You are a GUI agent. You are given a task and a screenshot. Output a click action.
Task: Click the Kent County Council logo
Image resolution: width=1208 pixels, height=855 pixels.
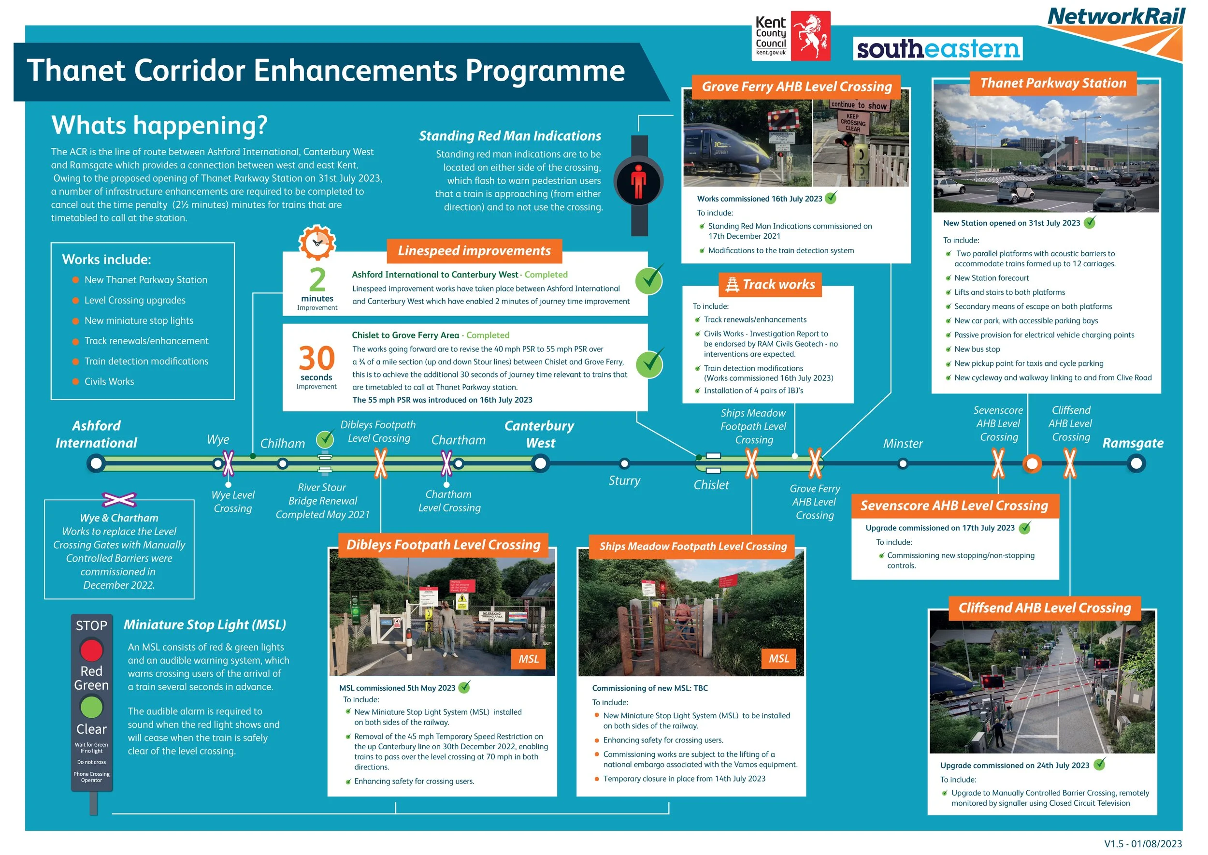(x=791, y=36)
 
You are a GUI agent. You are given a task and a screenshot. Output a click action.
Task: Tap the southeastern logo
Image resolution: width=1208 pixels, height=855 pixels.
(x=937, y=49)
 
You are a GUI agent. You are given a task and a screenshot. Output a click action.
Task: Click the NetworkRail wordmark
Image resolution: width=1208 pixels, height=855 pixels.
(x=1115, y=17)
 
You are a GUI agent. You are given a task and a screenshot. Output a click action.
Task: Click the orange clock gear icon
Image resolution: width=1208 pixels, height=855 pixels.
(x=317, y=243)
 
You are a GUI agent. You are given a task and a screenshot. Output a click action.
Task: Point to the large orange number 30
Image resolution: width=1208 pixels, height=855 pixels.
(x=316, y=359)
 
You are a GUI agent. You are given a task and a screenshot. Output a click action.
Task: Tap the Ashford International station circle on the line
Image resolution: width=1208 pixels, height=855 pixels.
(x=96, y=464)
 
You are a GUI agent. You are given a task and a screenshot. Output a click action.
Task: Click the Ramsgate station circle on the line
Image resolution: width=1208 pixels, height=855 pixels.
(x=1136, y=464)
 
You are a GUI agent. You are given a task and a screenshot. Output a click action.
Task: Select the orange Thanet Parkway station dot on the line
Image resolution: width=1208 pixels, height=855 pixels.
(x=1032, y=464)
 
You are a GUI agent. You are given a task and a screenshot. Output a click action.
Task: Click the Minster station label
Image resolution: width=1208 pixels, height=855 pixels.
(x=903, y=444)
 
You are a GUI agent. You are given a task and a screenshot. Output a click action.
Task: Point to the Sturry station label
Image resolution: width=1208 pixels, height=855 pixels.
(x=624, y=481)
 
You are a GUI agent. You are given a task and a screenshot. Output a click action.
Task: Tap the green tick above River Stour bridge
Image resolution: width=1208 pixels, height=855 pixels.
(x=325, y=438)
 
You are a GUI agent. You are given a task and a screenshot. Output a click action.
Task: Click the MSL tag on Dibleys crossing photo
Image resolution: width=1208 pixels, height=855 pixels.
(x=529, y=659)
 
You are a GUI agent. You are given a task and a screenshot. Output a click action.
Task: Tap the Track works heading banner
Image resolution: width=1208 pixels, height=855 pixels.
(x=770, y=285)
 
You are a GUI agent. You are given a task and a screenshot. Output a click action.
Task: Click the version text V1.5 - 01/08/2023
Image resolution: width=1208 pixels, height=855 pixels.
(x=1143, y=844)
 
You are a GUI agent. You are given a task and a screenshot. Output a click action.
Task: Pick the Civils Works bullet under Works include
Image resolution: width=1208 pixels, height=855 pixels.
(x=109, y=382)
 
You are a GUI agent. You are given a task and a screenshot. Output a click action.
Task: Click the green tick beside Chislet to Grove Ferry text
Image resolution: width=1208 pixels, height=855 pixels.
(x=649, y=363)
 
